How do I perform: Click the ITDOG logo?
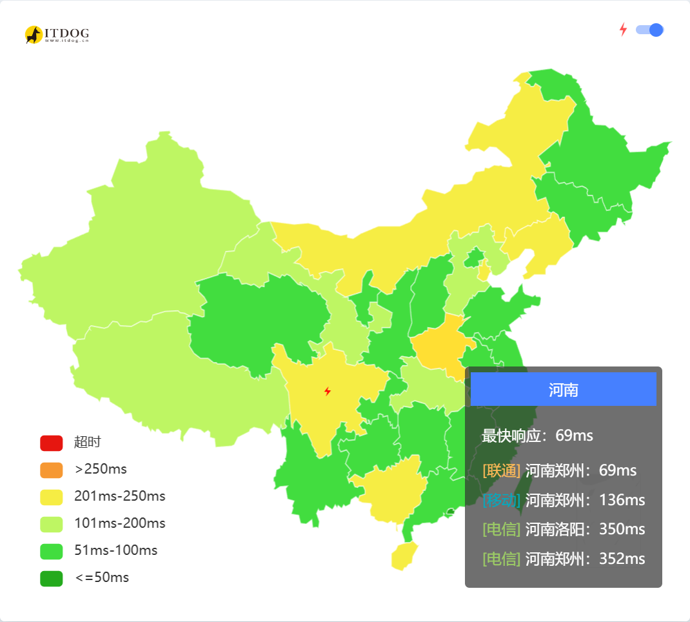(x=57, y=34)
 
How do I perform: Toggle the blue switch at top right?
(x=649, y=30)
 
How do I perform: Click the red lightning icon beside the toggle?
(x=623, y=30)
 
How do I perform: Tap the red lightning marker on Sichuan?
(x=328, y=391)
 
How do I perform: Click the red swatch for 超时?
(x=51, y=443)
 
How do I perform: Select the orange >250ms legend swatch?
(x=51, y=470)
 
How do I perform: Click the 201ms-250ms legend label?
(x=120, y=496)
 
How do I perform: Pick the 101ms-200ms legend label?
(x=120, y=523)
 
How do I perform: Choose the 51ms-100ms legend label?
(x=116, y=550)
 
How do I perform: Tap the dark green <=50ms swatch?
(x=51, y=578)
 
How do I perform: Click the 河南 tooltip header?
(x=563, y=390)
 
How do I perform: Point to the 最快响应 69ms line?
(x=537, y=436)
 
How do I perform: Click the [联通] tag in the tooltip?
(x=501, y=470)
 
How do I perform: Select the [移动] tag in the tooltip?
(x=501, y=500)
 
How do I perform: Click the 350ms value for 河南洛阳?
(x=622, y=529)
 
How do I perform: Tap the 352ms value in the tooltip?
(x=622, y=559)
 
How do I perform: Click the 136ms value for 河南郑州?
(x=622, y=500)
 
